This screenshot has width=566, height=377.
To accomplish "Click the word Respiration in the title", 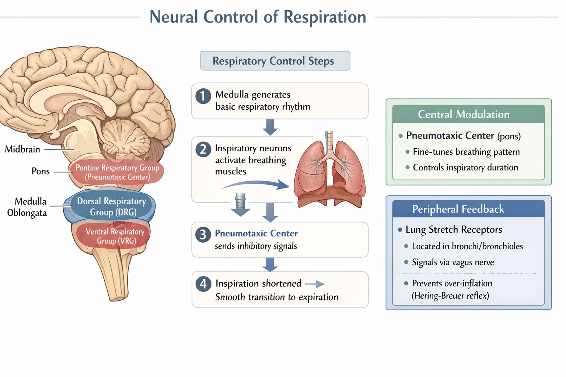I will pyautogui.click(x=325, y=17).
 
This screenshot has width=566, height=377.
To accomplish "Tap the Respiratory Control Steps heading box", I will pyautogui.click(x=275, y=61).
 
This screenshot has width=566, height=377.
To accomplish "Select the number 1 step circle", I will pyautogui.click(x=203, y=96).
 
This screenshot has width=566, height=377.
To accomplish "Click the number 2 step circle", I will pyautogui.click(x=203, y=149).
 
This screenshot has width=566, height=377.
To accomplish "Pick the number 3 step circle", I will pyautogui.click(x=203, y=235).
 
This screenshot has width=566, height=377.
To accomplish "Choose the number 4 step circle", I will pyautogui.click(x=203, y=284).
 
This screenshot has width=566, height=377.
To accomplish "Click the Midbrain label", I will pyautogui.click(x=22, y=149).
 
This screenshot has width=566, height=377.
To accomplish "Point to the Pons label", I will pyautogui.click(x=41, y=171).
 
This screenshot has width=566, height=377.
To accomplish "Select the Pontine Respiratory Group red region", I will pyautogui.click(x=117, y=172).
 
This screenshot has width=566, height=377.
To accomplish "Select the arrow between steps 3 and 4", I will pyautogui.click(x=270, y=264).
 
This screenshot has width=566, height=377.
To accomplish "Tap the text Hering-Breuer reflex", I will pyautogui.click(x=450, y=296).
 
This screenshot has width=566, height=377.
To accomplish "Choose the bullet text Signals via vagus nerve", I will pyautogui.click(x=453, y=263).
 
